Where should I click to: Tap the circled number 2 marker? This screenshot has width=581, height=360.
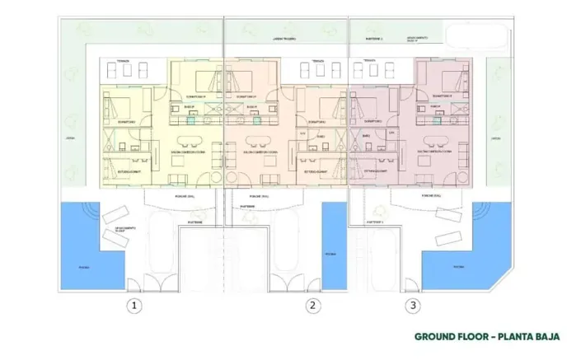coord(312,306)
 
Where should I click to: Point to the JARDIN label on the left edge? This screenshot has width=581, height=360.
coord(70,139)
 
